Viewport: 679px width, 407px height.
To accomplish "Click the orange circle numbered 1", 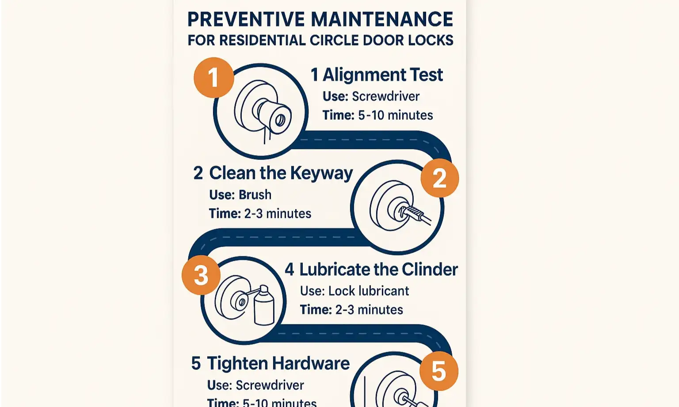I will pyautogui.click(x=214, y=77).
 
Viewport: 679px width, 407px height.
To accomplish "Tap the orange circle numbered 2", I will pyautogui.click(x=439, y=178).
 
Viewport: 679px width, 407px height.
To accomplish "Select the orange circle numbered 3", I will pyautogui.click(x=201, y=275).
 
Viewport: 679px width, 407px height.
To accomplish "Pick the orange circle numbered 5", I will pyautogui.click(x=439, y=371).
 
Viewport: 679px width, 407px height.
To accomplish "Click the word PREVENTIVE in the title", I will pyautogui.click(x=246, y=19).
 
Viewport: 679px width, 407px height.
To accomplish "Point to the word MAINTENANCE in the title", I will pyautogui.click(x=381, y=19).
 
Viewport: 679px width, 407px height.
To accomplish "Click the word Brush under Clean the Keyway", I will pyautogui.click(x=255, y=194).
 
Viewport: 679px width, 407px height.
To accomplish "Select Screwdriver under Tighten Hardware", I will pyautogui.click(x=270, y=385).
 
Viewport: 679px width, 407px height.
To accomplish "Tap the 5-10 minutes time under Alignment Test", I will pyautogui.click(x=395, y=115).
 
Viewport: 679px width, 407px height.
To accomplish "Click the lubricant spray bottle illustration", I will pyautogui.click(x=264, y=305).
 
